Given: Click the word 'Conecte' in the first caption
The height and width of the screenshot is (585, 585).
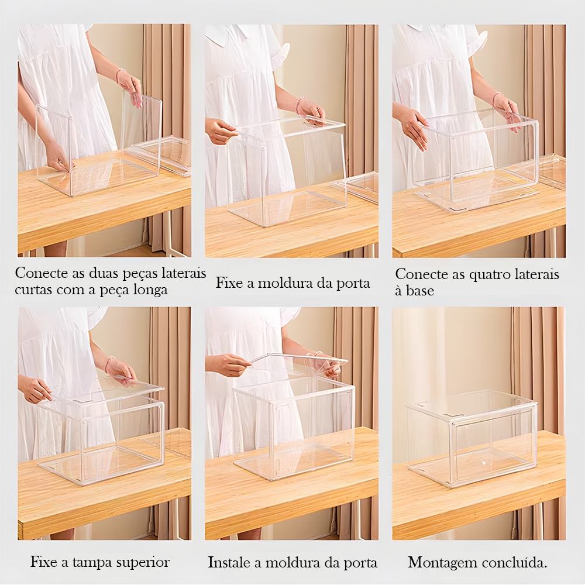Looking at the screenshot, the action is coord(36,273).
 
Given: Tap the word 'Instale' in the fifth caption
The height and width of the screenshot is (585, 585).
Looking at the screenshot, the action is coord(228,562).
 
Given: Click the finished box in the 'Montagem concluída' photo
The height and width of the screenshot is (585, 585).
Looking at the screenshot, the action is coord(472,437).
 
